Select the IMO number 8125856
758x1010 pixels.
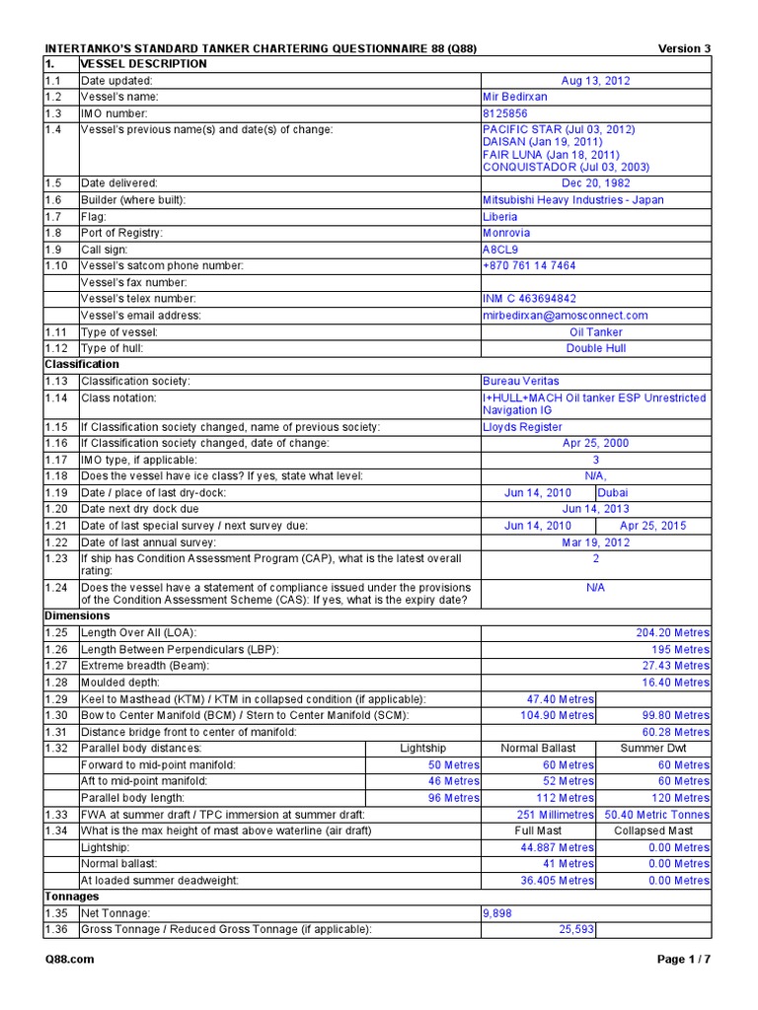pos(505,113)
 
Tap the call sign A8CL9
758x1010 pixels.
pos(499,250)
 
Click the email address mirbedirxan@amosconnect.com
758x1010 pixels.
pos(565,316)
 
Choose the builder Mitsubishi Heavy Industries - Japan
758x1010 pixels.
pos(572,200)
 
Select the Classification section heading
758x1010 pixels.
pos(82,364)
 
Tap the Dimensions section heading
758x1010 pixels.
pos(77,615)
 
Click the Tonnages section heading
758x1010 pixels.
pos(73,897)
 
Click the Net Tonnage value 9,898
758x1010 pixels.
pos(497,913)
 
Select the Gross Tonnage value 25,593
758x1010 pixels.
pos(568,930)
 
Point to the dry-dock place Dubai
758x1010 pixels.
pos(612,492)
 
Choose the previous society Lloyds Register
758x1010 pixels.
pos(522,427)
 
